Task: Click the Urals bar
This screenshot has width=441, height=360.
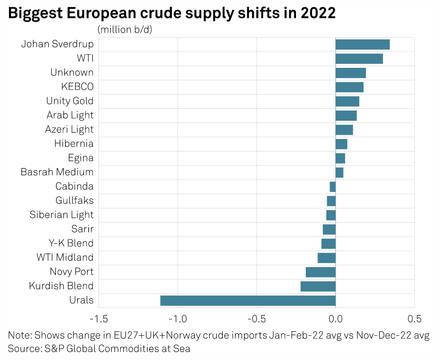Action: click(x=248, y=300)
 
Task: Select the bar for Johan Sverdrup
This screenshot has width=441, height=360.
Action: click(x=363, y=44)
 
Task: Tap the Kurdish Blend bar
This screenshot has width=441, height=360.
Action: click(x=318, y=286)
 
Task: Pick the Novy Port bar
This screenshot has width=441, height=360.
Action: click(x=321, y=272)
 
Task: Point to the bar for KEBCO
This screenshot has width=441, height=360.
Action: click(x=349, y=87)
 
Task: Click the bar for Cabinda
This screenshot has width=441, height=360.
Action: click(x=333, y=187)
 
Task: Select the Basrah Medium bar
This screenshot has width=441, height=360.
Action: click(x=339, y=172)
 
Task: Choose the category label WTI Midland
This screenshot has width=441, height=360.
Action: click(x=65, y=258)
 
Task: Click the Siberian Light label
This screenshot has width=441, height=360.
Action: click(x=61, y=215)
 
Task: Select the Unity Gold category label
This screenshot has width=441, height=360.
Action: click(x=70, y=101)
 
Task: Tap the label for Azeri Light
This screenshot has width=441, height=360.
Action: click(x=69, y=130)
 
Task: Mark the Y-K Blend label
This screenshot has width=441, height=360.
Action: click(x=71, y=244)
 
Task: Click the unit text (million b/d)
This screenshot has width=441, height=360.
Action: click(x=125, y=29)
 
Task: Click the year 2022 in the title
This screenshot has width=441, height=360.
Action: click(x=318, y=13)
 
